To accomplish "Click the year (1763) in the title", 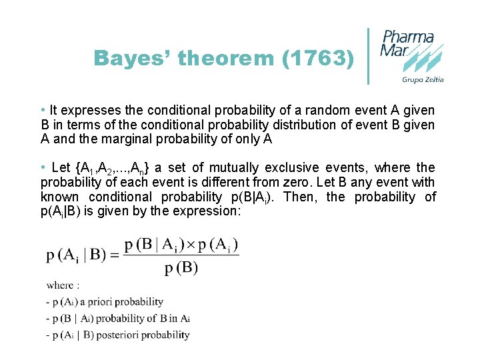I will click(318, 59).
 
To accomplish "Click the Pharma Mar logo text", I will click(407, 44).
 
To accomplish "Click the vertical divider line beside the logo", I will click(369, 56).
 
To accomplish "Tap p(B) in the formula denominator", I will click(181, 267).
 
